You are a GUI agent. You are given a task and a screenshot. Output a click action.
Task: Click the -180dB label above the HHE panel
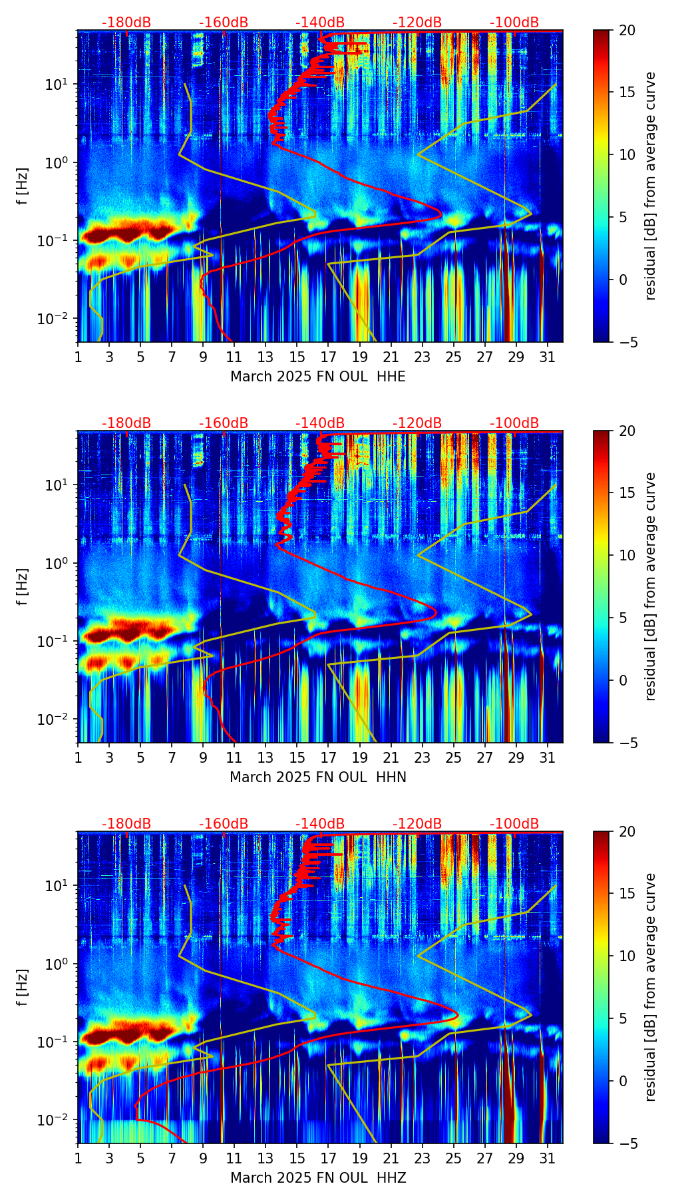click(126, 23)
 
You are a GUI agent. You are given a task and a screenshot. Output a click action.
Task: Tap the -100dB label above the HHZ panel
click(514, 824)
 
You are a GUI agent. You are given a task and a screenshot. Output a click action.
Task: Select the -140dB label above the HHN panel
click(320, 423)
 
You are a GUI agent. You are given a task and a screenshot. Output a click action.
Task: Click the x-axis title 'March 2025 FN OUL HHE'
click(318, 377)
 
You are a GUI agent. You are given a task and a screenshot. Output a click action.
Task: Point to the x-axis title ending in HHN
click(318, 777)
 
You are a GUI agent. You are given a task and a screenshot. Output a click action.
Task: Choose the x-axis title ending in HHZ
click(318, 1178)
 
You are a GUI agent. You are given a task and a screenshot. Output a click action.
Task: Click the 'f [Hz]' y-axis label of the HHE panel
click(23, 186)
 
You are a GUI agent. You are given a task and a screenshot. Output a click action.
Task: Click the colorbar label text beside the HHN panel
click(651, 586)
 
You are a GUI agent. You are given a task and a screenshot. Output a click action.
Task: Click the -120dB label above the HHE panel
click(417, 23)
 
